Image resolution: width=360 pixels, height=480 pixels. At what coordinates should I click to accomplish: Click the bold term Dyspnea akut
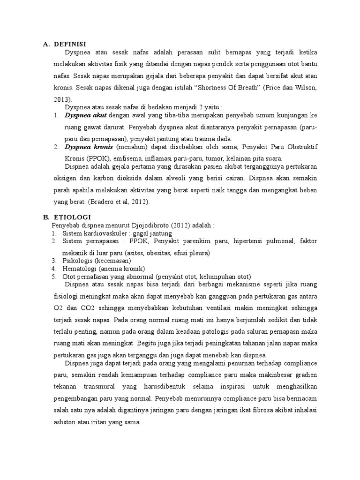click(86, 115)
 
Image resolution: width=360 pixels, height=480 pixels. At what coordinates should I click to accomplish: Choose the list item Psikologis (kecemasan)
click(97, 260)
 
